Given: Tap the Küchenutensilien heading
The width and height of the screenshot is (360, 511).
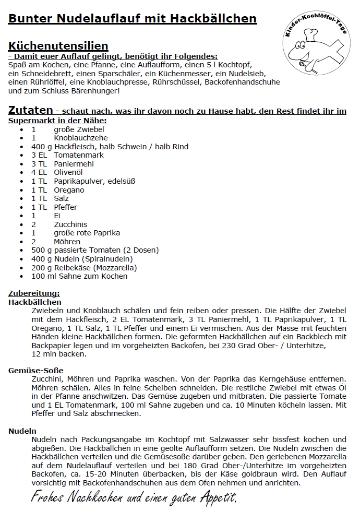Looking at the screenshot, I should click(58, 46).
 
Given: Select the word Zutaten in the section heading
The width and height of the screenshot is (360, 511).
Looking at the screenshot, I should click(30, 110).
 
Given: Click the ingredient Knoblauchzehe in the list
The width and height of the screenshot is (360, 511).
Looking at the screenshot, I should click(79, 138).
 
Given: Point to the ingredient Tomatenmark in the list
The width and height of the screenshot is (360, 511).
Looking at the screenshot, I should click(79, 155).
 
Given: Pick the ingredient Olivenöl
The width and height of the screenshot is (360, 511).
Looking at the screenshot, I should click(69, 172).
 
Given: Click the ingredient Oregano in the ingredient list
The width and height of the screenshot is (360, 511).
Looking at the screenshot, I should click(69, 190).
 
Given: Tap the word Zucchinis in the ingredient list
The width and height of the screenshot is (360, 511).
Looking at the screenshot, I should click(70, 224).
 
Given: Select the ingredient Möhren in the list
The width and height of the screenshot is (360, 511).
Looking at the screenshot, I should click(67, 242).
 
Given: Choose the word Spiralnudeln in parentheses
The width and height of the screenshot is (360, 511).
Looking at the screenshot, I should click(109, 259).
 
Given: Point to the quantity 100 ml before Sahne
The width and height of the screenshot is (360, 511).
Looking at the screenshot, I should click(43, 277).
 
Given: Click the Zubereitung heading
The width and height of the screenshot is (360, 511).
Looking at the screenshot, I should click(34, 293).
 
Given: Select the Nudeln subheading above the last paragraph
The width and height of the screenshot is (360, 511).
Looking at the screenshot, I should click(22, 431).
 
